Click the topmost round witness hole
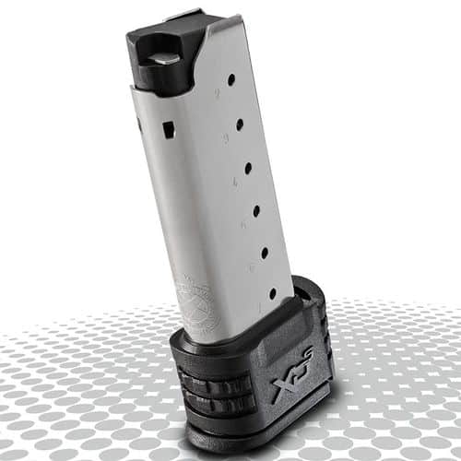tap(230, 79)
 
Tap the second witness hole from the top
tap(240, 123)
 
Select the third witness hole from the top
tap(248, 168)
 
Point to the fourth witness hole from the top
tap(256, 211)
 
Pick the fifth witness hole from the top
tap(265, 252)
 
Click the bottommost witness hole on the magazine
tap(272, 293)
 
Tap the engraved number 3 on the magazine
tap(225, 138)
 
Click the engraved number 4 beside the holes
tap(233, 182)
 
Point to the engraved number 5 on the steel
tap(242, 224)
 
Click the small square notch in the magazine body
tap(169, 130)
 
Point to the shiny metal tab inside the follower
tap(165, 59)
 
